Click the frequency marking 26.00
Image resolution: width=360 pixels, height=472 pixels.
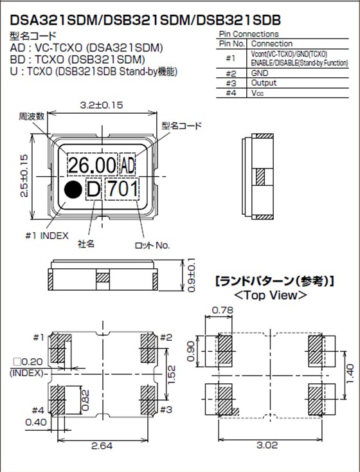[x=93, y=165]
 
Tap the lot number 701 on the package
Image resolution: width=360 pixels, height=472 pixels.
[x=121, y=189]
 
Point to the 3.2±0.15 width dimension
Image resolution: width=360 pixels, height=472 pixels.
[x=102, y=104]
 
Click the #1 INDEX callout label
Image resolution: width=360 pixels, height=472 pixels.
[x=46, y=235]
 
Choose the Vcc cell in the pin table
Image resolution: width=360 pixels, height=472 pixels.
[x=256, y=93]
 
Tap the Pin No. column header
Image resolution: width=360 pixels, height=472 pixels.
[x=231, y=44]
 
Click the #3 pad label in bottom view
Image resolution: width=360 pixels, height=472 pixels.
[x=165, y=408]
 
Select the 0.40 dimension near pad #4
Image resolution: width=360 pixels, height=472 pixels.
[x=36, y=422]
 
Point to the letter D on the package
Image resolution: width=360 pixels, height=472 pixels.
[x=93, y=189]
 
